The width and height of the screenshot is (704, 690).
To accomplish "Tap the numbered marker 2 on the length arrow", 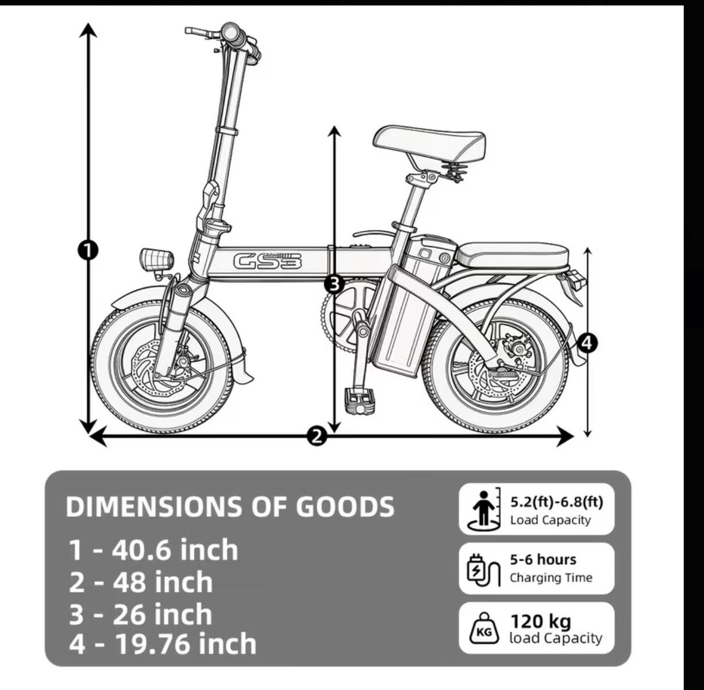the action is [x=317, y=436].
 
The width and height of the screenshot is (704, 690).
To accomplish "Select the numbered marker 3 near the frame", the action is [x=334, y=284].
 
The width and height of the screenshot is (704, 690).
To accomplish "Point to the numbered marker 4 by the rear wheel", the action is [x=587, y=343].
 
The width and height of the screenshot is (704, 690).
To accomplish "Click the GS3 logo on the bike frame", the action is [x=268, y=261].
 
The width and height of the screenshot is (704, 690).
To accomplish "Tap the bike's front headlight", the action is [x=156, y=259].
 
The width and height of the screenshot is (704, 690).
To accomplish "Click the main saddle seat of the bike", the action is [x=430, y=145].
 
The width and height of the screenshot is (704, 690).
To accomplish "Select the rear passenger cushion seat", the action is [x=513, y=255].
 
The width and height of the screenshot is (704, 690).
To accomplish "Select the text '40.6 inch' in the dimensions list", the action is [x=175, y=550].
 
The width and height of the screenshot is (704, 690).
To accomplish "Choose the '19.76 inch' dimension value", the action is [x=186, y=645].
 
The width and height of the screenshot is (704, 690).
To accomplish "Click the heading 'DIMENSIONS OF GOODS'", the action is [x=230, y=507].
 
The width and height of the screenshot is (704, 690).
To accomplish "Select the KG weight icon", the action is [x=484, y=629].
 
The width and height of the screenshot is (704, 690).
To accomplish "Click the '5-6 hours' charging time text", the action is [x=543, y=560].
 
